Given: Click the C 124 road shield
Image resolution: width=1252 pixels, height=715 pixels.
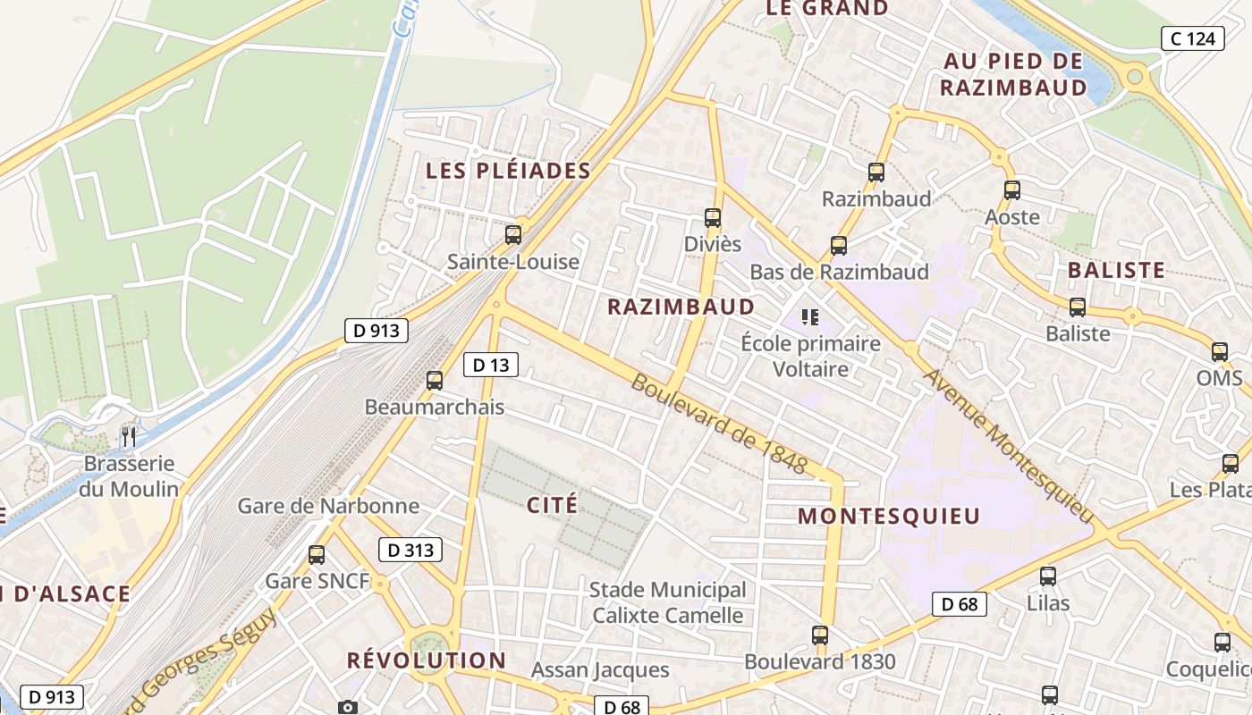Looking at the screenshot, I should pos(1193,38).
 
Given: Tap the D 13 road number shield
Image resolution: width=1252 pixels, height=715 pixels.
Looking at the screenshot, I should pos(491,365).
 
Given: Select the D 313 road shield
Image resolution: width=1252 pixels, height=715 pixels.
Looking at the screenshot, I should pos(411,551).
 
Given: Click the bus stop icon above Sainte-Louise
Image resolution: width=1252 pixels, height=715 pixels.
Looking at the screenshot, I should pos(513,235).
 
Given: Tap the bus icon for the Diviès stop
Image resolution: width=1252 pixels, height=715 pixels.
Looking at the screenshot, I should pos(713,218).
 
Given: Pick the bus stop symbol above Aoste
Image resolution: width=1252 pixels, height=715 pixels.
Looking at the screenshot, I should pos(1012,190).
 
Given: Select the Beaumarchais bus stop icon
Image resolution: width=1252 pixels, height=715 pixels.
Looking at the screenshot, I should pos(435,381).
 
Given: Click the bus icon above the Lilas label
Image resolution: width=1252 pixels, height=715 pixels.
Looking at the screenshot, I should pos(1048,576).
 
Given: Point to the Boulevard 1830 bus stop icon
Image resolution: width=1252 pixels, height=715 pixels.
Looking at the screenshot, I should pos(820,636).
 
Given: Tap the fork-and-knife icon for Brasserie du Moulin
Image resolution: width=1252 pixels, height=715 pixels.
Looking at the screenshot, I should pos(129,437).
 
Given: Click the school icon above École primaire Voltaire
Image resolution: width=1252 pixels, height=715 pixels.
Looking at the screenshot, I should pos(810,316).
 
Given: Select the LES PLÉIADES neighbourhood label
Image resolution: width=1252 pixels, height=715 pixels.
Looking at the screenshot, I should pos(508,171).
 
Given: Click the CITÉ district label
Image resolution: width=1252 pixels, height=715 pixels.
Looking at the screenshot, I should pos(553,505).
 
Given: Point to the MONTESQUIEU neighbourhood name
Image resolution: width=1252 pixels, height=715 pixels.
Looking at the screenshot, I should pos(889,516).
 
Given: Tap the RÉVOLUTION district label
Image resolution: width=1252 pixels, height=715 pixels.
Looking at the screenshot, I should pos(427,660).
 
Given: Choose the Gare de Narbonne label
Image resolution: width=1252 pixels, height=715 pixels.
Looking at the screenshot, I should pos(328,506).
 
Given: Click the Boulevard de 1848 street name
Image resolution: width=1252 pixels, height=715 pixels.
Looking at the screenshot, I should pos(719,424).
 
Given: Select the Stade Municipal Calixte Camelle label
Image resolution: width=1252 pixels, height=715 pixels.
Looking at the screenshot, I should pos(667,602).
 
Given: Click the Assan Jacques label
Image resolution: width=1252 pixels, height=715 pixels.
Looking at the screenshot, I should pos(600,669).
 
